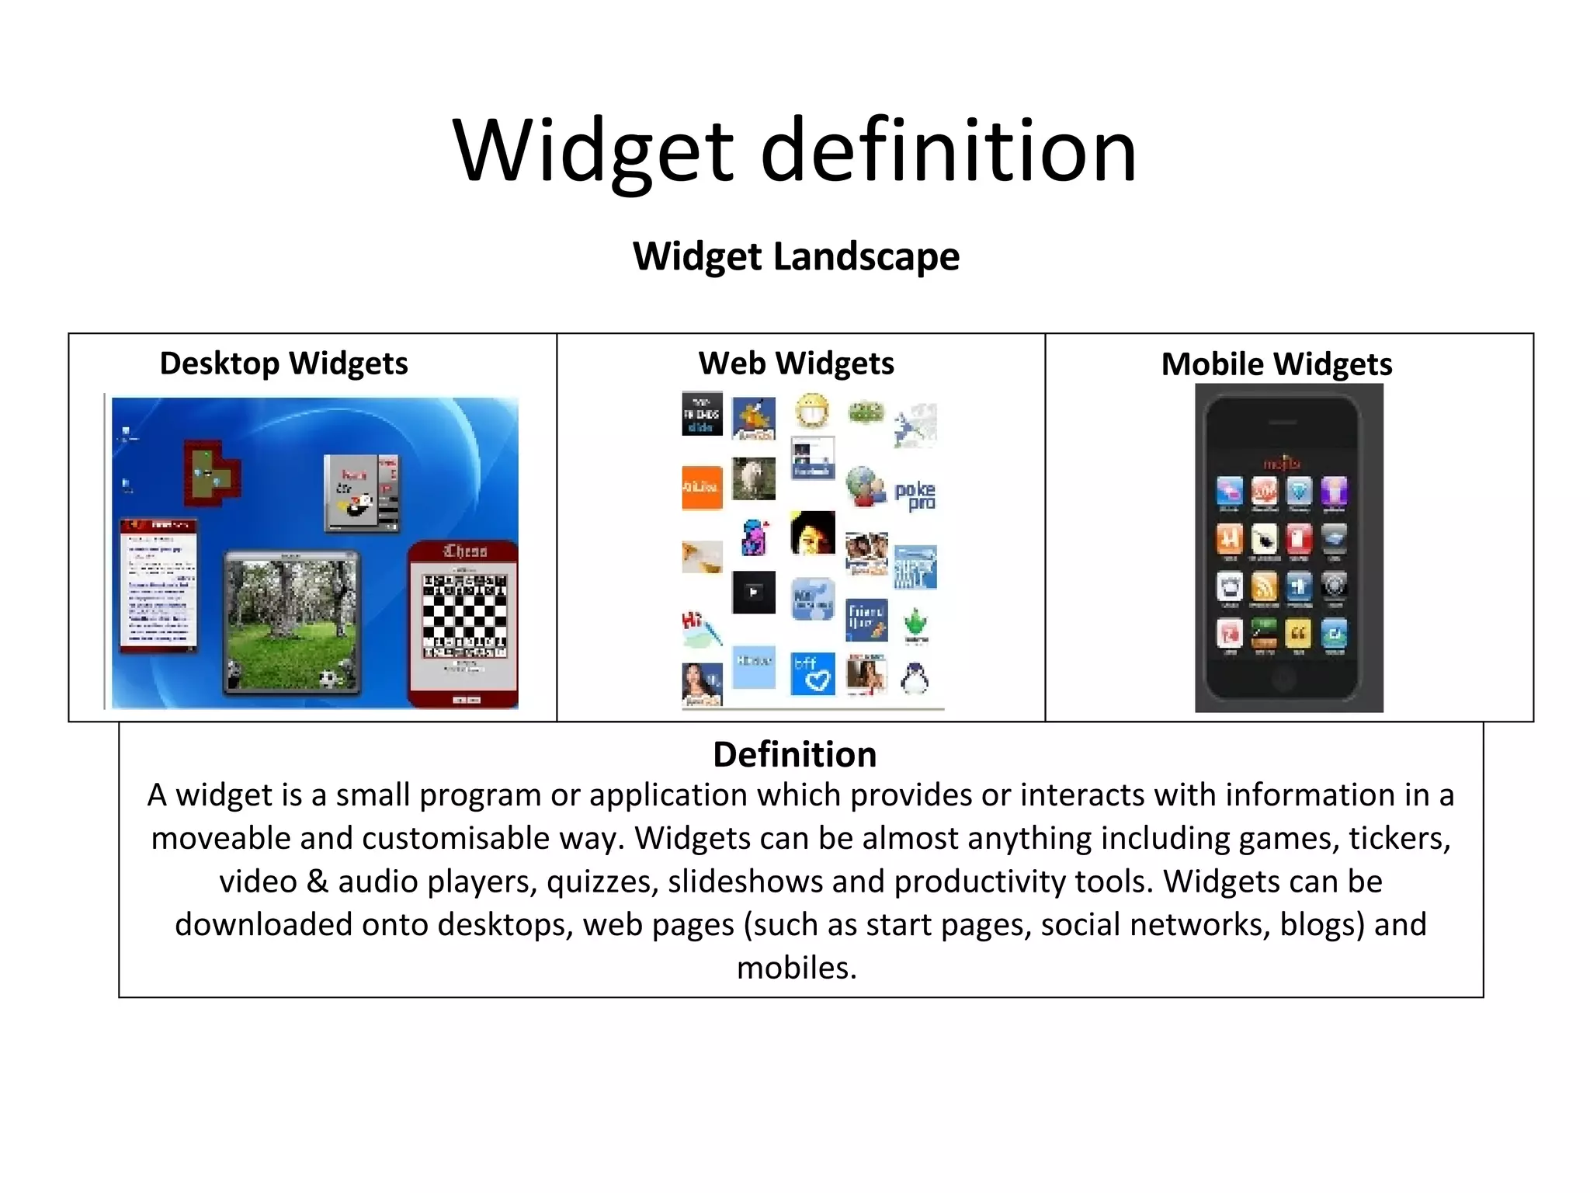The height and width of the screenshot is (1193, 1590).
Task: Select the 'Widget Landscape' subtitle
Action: click(x=796, y=256)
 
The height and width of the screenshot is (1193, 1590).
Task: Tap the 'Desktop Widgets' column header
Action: click(x=283, y=363)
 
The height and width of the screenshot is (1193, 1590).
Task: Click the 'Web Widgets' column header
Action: click(x=796, y=363)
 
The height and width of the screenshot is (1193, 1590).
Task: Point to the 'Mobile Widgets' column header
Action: click(x=1276, y=364)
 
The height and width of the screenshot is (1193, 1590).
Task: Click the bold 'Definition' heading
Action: click(x=795, y=754)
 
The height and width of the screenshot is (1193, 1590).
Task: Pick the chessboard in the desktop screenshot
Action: click(x=464, y=615)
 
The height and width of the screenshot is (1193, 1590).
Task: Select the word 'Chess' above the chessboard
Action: click(x=464, y=551)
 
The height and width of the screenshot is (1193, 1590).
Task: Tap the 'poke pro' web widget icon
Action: click(x=915, y=495)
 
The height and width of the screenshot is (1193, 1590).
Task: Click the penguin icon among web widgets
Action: click(x=915, y=678)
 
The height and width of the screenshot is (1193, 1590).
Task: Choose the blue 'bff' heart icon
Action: click(x=813, y=673)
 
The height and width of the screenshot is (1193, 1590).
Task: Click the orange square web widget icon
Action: click(x=702, y=488)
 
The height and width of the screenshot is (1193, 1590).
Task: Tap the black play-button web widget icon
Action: click(x=753, y=593)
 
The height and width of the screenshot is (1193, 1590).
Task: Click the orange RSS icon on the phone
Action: click(x=1264, y=586)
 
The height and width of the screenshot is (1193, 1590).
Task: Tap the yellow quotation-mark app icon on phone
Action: click(x=1298, y=634)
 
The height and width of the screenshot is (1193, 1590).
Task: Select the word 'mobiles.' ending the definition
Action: click(x=797, y=968)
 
